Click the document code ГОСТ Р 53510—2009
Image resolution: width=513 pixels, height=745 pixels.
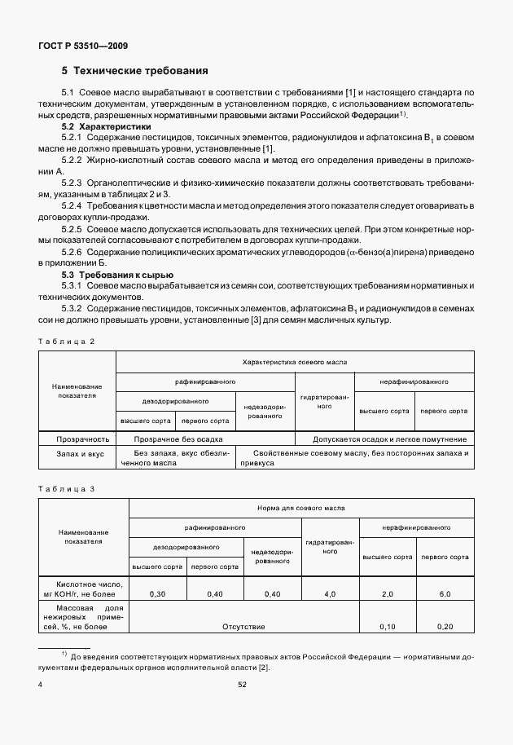(81, 46)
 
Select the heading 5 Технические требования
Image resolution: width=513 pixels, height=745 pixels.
(129, 71)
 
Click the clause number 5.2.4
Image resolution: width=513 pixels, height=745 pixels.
(74, 206)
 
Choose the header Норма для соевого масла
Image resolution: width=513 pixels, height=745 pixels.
(301, 507)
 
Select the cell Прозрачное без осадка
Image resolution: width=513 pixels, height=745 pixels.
(175, 439)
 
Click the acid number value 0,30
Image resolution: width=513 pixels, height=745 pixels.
(158, 594)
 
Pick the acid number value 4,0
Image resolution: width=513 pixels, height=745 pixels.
(330, 594)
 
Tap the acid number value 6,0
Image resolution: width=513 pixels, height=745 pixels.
(445, 594)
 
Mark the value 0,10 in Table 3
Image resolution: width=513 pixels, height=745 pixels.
(388, 626)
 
